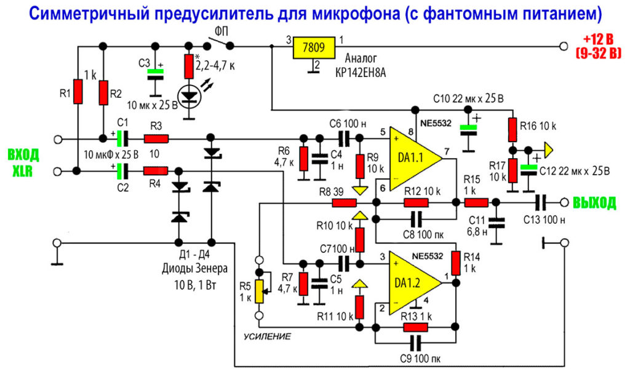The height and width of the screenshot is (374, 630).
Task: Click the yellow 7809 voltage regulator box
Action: (316, 47)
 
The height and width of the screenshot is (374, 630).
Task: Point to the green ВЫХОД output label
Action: (594, 203)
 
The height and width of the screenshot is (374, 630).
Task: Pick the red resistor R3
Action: (156, 140)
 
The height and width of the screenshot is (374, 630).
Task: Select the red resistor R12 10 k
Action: (417, 202)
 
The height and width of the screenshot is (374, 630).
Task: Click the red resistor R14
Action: (455, 263)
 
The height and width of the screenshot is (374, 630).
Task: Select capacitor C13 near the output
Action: (541, 202)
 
